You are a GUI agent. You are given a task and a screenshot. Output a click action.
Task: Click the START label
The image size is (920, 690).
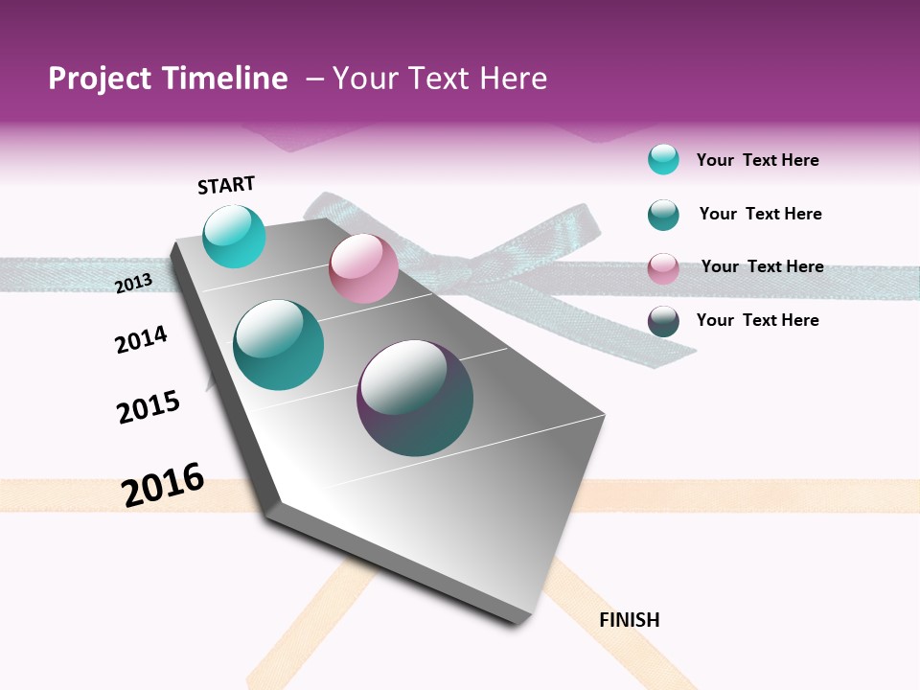coord(226,185)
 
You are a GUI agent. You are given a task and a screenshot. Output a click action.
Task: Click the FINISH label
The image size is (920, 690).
coord(629,620)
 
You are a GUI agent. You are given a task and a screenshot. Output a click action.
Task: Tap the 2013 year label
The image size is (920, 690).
coord(133,283)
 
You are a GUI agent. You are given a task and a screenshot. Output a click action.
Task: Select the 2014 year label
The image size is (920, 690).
coord(141,339)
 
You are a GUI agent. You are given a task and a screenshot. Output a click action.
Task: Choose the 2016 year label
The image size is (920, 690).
coord(163,485)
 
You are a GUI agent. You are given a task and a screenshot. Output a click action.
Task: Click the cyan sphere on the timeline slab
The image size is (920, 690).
coord(234,237)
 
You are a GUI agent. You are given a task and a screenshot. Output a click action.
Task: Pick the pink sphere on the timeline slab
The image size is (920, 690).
coord(363,269)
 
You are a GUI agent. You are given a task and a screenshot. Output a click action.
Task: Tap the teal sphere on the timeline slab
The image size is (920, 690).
coord(279,345)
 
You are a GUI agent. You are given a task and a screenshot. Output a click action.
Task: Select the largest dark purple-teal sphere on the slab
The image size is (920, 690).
coord(415,398)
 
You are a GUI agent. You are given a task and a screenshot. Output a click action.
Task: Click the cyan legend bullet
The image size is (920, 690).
coord(663,159)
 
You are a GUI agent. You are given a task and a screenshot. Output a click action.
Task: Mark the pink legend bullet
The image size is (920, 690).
coord(663,268)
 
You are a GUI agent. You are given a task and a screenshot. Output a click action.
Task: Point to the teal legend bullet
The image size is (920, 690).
coord(663,215)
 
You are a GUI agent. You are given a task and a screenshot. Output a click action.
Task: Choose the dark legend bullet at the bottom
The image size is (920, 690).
coord(663,321)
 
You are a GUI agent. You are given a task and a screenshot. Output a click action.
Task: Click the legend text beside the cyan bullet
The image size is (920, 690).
coord(757,160)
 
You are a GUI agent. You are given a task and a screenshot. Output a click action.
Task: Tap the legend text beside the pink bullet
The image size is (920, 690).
coord(762,266)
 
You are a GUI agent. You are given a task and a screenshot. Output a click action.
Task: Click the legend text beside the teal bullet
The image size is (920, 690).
coord(760,214)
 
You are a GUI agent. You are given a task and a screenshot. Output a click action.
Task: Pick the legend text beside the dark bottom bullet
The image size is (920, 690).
coord(757,320)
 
